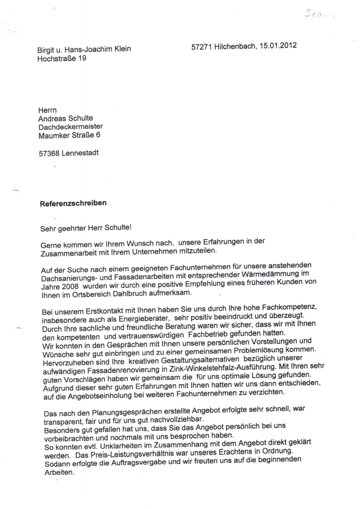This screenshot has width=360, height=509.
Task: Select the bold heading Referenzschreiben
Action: tap(73, 203)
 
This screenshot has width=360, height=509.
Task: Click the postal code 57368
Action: tap(49, 153)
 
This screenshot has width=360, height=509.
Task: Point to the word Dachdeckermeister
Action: tap(71, 127)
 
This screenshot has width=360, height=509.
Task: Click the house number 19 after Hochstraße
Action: tap(82, 58)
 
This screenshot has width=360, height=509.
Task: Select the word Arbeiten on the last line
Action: tap(59, 473)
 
